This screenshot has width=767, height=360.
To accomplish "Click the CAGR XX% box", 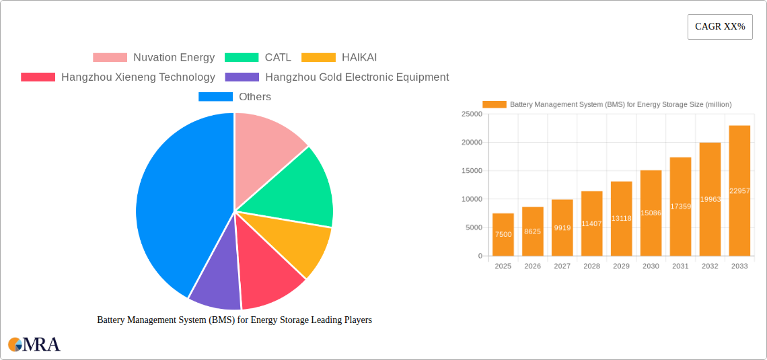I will click(x=719, y=27).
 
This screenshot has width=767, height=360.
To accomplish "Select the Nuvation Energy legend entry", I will click(x=153, y=58).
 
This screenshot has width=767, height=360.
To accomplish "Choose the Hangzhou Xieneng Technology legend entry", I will click(x=118, y=77).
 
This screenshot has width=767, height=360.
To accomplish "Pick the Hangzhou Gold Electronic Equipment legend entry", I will click(x=337, y=77).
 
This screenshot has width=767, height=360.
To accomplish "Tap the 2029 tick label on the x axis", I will click(x=621, y=266).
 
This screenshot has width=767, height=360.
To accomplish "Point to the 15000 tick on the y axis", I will click(x=471, y=171).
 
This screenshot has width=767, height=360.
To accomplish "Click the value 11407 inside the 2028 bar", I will click(x=591, y=223).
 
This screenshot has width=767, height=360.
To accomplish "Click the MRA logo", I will click(x=34, y=345).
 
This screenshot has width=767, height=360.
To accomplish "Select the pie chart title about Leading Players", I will click(x=234, y=320).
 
